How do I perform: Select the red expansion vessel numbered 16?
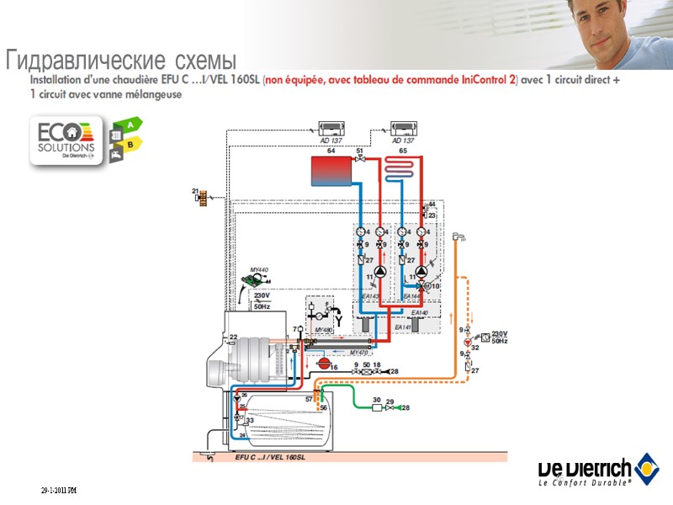pyautogui.click(x=321, y=363)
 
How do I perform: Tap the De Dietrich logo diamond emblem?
pyautogui.click(x=647, y=465)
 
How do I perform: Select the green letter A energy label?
pyautogui.click(x=130, y=125)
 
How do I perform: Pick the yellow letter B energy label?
pyautogui.click(x=130, y=145)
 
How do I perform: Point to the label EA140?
pyautogui.click(x=420, y=313)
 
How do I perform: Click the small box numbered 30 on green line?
pyautogui.click(x=377, y=407)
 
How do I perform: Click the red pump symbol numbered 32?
pyautogui.click(x=468, y=343)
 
